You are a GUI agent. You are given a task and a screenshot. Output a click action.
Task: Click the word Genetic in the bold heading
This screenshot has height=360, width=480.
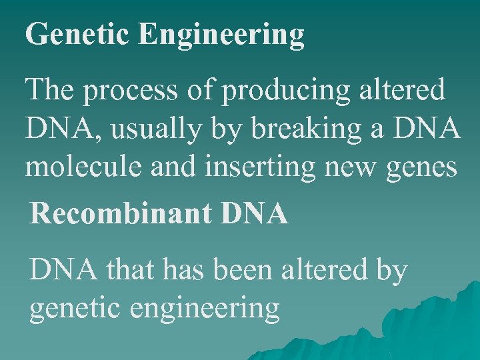pyautogui.click(x=76, y=34)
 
